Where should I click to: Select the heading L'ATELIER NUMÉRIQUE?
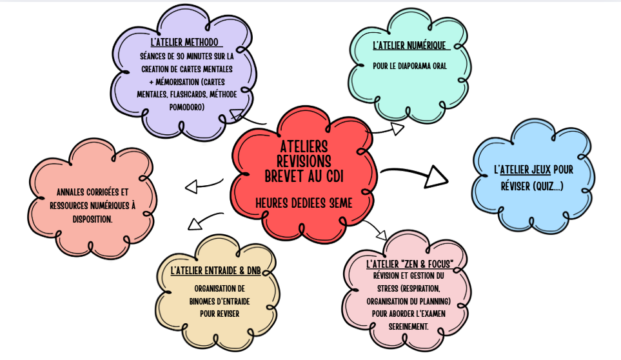coord(409,46)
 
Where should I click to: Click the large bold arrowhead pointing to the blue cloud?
coord(439,176)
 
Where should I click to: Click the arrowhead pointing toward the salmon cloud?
coord(191,187)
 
